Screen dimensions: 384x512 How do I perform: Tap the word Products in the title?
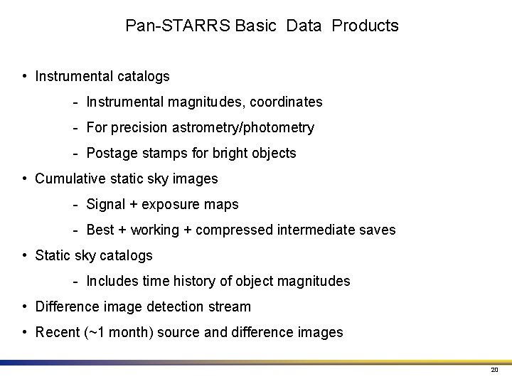[366, 26]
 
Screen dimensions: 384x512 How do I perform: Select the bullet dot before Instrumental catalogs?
[25, 76]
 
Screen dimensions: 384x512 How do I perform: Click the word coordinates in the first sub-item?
[286, 102]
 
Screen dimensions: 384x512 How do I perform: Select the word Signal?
[105, 205]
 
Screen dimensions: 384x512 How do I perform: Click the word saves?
[378, 230]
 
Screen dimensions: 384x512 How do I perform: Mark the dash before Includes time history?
[75, 282]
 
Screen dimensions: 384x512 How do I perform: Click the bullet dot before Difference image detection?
[25, 307]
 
